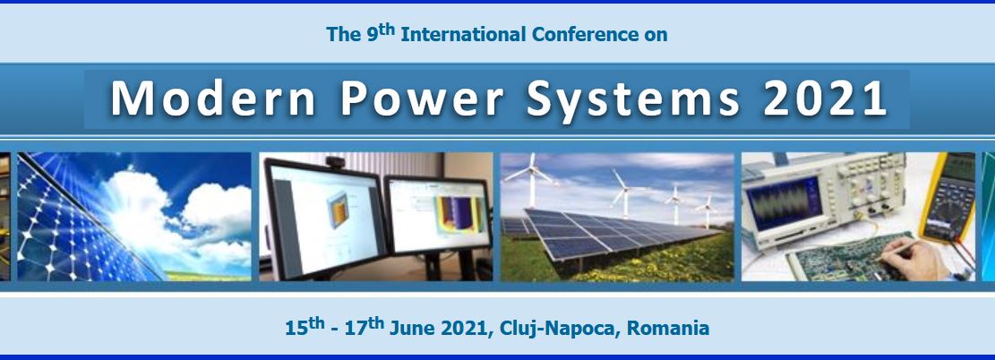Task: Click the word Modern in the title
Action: click(212, 99)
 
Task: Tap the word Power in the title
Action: click(422, 99)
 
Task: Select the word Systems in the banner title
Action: click(632, 99)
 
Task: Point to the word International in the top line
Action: click(464, 34)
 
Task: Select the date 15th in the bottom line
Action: click(305, 326)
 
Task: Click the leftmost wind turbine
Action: click(531, 180)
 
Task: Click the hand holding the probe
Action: click(914, 257)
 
